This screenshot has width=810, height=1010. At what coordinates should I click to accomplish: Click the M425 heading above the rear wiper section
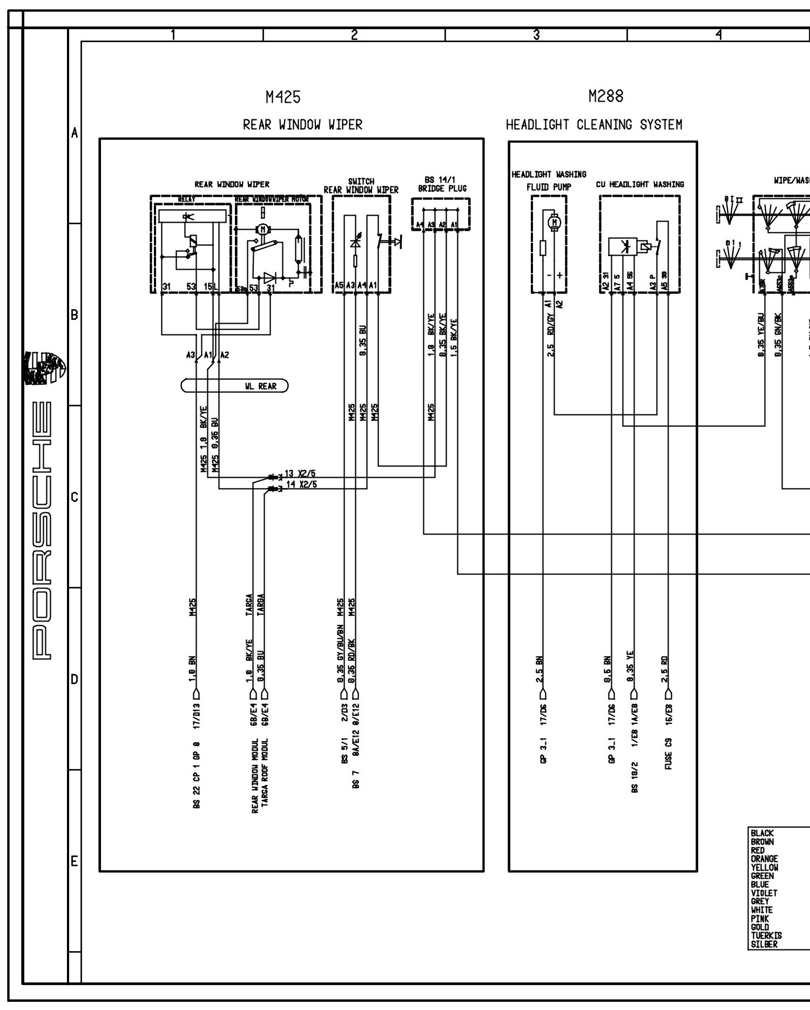(x=283, y=98)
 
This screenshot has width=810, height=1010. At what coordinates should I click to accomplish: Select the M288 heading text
(x=605, y=96)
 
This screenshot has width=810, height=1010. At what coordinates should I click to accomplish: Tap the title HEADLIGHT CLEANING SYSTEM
(x=594, y=125)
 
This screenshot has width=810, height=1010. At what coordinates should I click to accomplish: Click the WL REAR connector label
(x=260, y=386)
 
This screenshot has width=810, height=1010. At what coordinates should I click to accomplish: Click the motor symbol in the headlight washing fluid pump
(x=553, y=221)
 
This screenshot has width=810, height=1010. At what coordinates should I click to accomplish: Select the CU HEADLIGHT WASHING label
(x=639, y=184)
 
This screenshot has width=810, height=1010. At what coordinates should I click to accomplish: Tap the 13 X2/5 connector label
(x=300, y=474)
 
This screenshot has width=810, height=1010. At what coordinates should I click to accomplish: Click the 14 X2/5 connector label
(x=301, y=484)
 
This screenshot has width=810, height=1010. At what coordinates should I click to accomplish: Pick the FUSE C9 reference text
(x=669, y=754)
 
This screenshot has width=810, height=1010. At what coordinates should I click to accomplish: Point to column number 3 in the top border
(x=536, y=35)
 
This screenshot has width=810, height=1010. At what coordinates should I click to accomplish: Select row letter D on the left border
(x=75, y=679)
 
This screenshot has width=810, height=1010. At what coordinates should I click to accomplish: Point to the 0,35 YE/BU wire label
(x=761, y=335)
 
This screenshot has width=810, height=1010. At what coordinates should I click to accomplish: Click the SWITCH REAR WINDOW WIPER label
(x=361, y=186)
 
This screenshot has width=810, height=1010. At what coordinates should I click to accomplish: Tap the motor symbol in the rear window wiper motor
(x=263, y=229)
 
